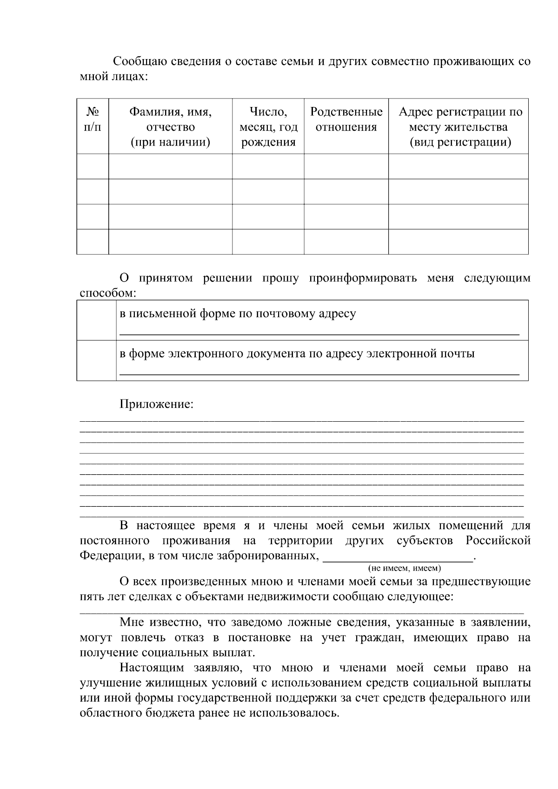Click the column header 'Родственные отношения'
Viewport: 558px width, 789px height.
tap(346, 119)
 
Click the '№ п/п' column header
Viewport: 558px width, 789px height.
tap(93, 119)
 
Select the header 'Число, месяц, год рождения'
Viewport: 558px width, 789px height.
tap(268, 127)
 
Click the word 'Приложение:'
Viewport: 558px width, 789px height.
tap(156, 404)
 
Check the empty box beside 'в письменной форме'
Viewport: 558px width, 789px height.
tap(96, 320)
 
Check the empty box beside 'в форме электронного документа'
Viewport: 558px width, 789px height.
tap(96, 361)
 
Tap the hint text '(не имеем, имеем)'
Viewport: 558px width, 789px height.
tap(405, 568)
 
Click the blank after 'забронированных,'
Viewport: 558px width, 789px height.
tap(398, 558)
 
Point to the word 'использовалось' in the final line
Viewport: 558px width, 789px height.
tap(294, 713)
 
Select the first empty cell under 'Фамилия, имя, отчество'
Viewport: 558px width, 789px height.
tap(170, 166)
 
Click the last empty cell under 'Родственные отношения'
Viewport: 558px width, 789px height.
tap(346, 242)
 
